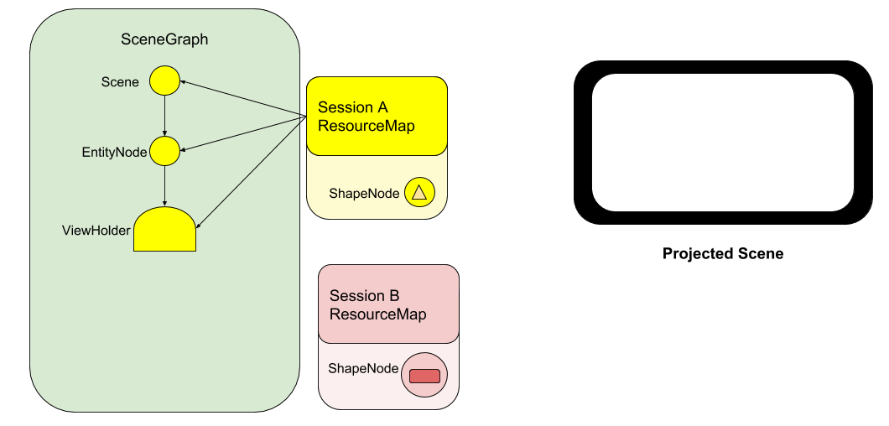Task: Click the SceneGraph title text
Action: point(165,39)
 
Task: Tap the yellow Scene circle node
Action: point(164,81)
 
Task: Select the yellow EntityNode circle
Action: point(164,151)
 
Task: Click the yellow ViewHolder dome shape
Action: point(164,230)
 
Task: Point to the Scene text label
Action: point(120,82)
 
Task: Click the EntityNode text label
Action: point(114,153)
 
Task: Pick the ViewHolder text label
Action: point(96,231)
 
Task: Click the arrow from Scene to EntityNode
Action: point(164,116)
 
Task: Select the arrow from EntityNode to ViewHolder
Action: point(164,186)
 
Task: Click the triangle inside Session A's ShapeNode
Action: point(419,193)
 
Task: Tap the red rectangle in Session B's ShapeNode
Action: point(424,376)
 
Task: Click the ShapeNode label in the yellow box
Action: point(364,194)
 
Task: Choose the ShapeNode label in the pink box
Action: point(363,369)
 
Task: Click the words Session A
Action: point(353,107)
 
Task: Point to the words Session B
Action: point(365,296)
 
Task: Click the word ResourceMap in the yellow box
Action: point(367,126)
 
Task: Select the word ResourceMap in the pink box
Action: point(378,314)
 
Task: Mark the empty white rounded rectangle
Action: point(723,142)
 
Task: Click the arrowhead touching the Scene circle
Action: point(185,82)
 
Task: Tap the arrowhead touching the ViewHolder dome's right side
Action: point(199,224)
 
